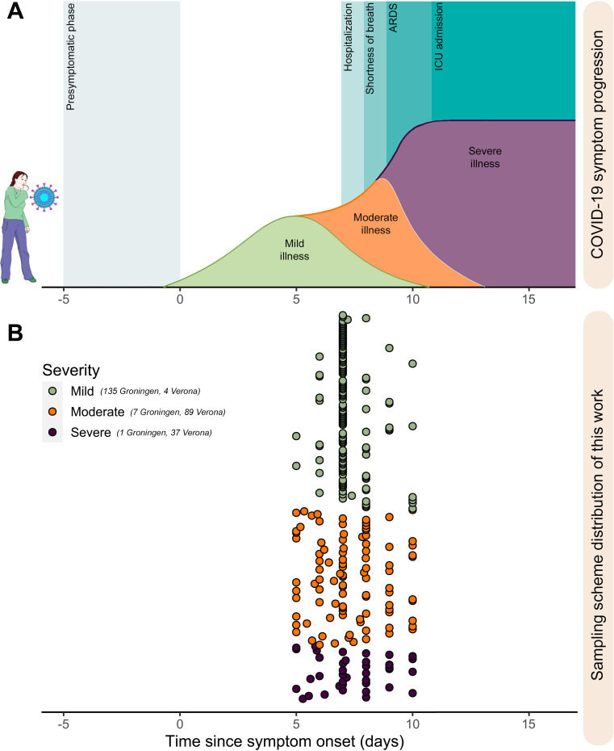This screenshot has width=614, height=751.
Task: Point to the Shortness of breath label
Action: (370, 48)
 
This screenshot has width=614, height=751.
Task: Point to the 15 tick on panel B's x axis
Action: (529, 721)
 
